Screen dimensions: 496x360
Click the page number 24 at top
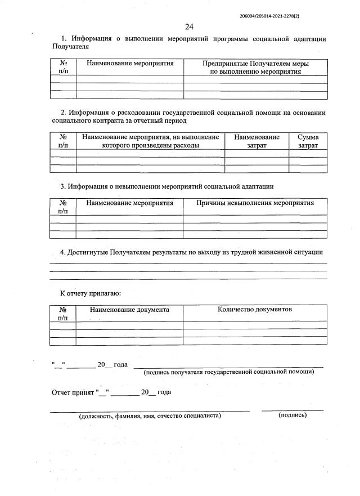[188, 26]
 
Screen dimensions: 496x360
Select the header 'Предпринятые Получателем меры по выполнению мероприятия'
[255, 68]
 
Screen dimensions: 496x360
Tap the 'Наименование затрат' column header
[256, 141]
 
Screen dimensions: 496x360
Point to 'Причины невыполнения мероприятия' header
[255, 203]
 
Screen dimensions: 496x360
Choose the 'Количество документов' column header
[255, 309]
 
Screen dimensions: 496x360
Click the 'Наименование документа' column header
[129, 310]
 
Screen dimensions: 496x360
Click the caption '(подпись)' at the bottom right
[292, 415]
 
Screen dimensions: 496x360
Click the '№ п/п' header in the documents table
[63, 314]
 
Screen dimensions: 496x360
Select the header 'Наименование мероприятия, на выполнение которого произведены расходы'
[150, 141]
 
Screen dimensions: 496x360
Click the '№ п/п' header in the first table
[63, 68]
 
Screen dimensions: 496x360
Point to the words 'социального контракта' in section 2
[87, 120]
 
